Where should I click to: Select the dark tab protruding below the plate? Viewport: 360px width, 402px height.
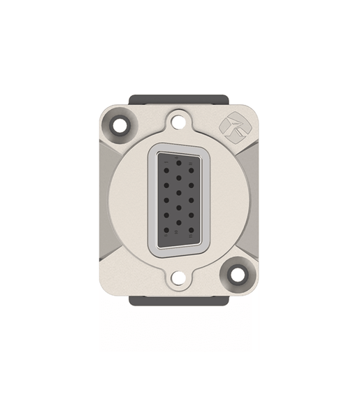point(179,303)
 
